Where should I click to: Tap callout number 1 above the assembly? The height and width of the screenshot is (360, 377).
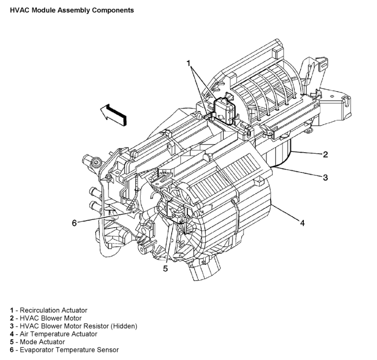(x=189, y=63)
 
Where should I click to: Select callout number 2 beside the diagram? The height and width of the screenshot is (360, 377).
(x=325, y=154)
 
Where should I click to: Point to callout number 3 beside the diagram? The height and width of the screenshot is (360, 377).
(x=325, y=177)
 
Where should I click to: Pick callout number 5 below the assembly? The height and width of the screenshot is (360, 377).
(x=166, y=268)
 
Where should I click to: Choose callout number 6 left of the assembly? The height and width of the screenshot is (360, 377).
(x=74, y=223)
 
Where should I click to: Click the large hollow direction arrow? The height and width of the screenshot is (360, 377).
(x=113, y=114)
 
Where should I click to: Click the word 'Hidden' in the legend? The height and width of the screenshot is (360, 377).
(x=125, y=326)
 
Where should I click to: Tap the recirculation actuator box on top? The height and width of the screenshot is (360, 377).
(x=224, y=110)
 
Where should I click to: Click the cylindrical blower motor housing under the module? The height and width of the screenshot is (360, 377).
(x=278, y=155)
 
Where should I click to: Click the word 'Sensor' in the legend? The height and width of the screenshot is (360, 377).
(x=108, y=349)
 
